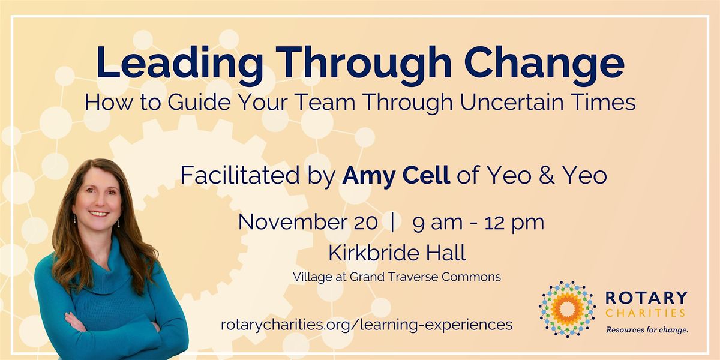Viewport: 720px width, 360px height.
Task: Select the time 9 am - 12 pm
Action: click(478, 222)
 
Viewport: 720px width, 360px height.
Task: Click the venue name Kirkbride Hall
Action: click(397, 253)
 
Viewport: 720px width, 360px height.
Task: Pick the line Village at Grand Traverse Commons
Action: click(397, 277)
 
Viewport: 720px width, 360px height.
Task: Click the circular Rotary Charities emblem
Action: click(567, 308)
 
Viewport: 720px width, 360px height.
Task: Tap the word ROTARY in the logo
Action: click(646, 298)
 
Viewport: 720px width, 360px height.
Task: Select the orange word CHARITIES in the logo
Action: click(646, 313)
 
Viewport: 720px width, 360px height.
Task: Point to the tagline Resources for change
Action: click(646, 329)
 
